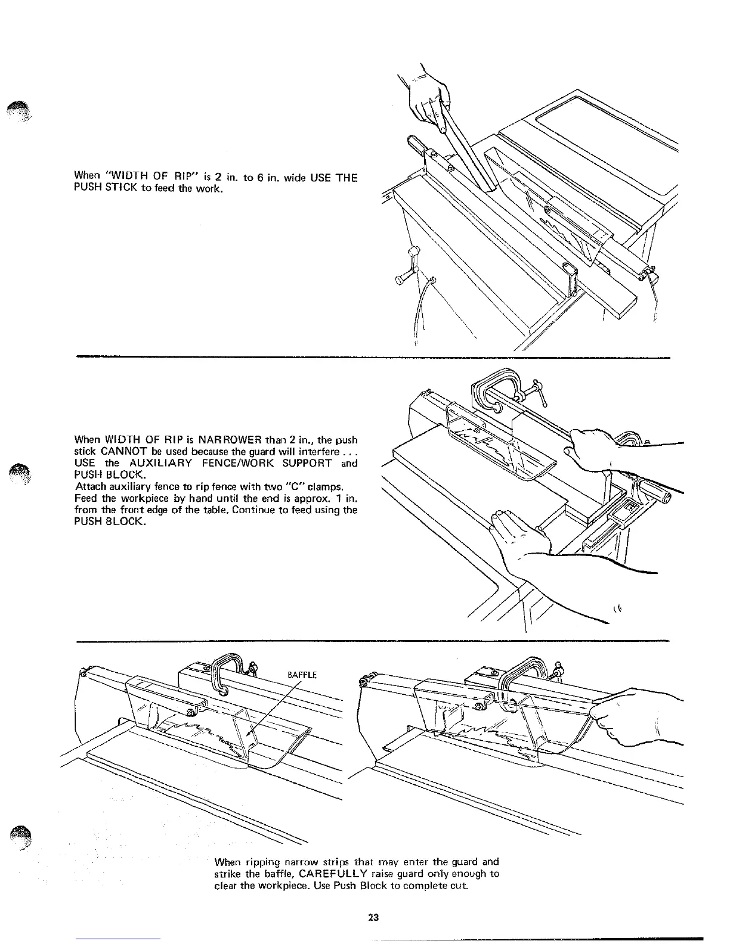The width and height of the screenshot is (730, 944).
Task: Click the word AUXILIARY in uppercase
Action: pos(160,463)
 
